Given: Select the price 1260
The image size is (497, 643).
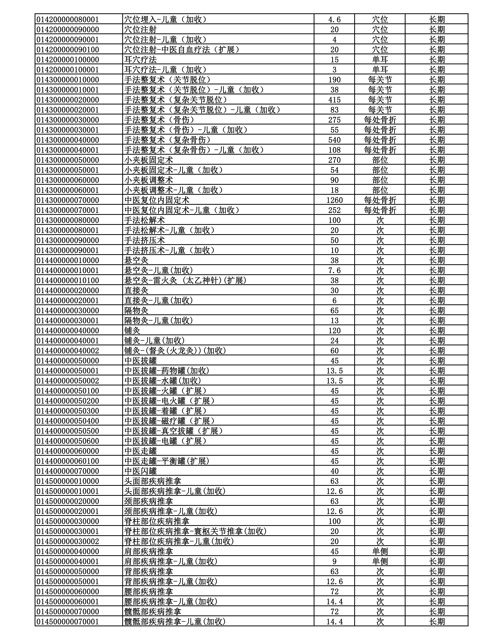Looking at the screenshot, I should pos(334,200).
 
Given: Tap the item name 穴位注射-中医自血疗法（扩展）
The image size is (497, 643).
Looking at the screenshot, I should pos(182,49).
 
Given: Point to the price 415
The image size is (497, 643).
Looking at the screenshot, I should pos(334,100).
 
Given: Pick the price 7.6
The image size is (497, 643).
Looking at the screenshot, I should pos(334,270).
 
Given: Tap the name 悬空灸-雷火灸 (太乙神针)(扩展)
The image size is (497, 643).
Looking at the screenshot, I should pos(185,280).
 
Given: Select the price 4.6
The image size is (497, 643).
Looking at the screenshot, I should pos(334,19).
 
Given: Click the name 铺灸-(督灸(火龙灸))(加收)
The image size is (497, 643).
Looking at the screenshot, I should pos(175,351).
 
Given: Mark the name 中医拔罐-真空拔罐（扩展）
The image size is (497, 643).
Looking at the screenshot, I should pos(173,431).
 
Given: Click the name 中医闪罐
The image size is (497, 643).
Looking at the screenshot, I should pos(140,471).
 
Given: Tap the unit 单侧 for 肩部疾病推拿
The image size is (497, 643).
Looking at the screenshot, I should pos(380,551).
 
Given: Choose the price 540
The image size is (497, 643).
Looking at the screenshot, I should pos(334,140).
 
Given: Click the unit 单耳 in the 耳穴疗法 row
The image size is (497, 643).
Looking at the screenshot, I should pos(380,59).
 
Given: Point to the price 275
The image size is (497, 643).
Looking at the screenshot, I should pos(334,120).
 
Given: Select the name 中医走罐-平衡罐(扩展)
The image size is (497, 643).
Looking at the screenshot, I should pos(167,461).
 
